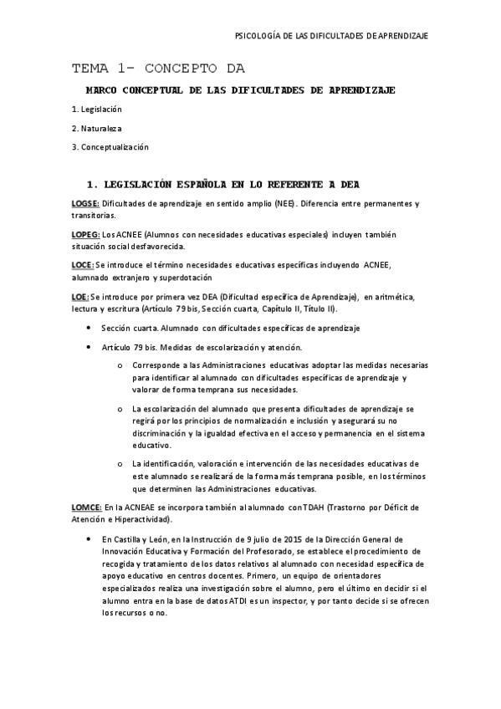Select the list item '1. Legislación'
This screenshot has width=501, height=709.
tap(97, 110)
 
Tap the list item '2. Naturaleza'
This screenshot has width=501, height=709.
tap(96, 128)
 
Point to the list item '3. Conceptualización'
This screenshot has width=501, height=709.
tap(110, 147)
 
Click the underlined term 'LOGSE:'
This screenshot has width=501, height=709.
tap(85, 204)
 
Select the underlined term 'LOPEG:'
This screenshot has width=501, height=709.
tap(85, 234)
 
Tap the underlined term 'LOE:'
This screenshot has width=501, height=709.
tap(80, 296)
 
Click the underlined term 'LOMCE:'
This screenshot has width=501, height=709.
tap(86, 507)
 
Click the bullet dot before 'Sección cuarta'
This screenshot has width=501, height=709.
tap(89, 327)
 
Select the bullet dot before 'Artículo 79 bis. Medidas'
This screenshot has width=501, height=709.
tap(89, 347)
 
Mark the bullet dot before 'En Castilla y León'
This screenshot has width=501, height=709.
tap(89, 540)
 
